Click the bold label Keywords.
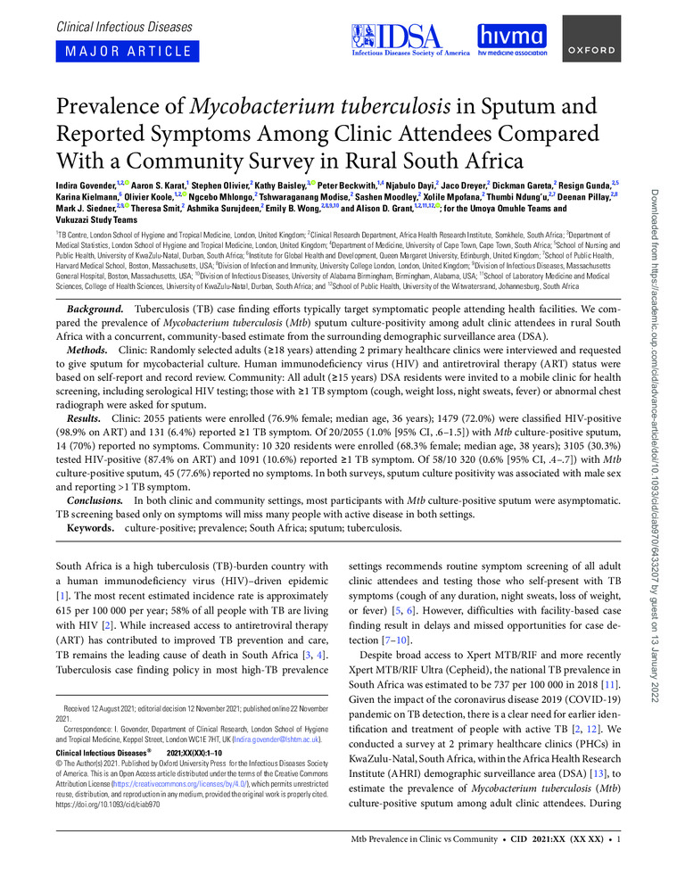pos(94,528)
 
